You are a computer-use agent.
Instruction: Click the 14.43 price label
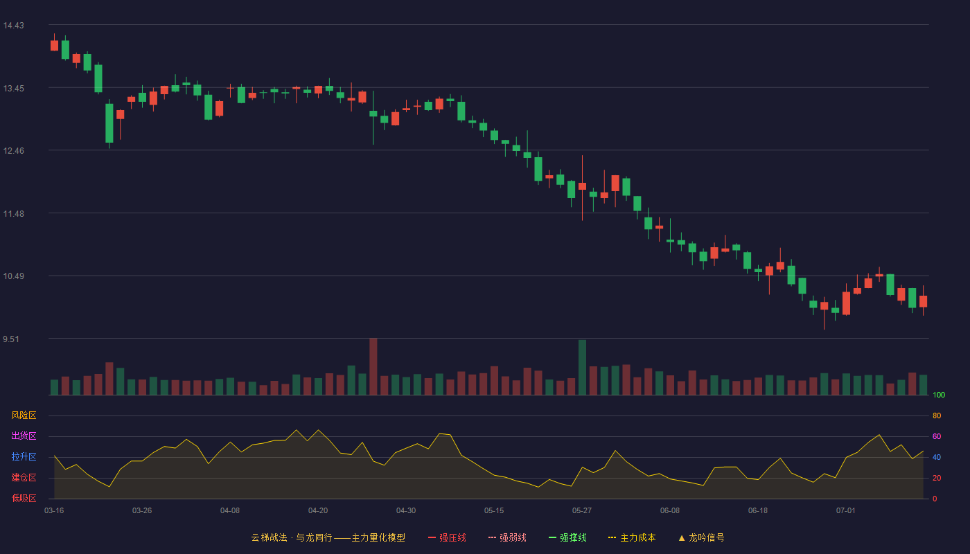[13, 26]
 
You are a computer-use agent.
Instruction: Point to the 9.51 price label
[11, 339]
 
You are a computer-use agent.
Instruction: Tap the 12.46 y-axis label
[13, 151]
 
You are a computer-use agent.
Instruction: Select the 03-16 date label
[54, 511]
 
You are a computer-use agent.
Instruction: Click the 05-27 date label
[582, 511]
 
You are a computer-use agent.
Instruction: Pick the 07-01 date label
[846, 511]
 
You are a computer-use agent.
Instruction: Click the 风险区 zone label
[24, 415]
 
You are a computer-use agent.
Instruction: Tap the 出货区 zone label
[24, 436]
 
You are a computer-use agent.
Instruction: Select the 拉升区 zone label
[24, 456]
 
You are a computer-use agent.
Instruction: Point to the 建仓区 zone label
[24, 477]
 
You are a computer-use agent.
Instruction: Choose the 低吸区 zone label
[24, 498]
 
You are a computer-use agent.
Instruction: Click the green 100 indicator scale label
[939, 395]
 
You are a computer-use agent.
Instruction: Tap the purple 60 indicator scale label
[937, 436]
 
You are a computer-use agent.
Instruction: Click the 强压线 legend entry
[447, 537]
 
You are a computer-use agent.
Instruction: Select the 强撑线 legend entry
[567, 537]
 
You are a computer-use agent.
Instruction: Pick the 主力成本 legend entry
[632, 537]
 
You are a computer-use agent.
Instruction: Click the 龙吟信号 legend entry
[701, 537]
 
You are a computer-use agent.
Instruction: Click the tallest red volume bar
[373, 366]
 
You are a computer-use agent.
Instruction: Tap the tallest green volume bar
[583, 368]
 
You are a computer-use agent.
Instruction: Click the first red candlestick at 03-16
[54, 46]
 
